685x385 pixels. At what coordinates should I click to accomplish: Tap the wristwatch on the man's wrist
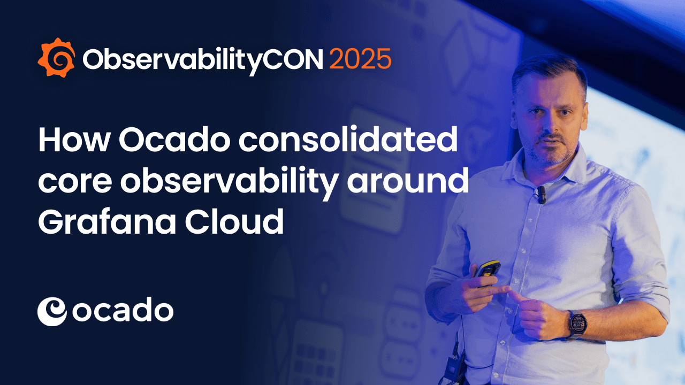coord(577,323)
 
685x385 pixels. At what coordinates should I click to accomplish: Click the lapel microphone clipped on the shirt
coord(541,195)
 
